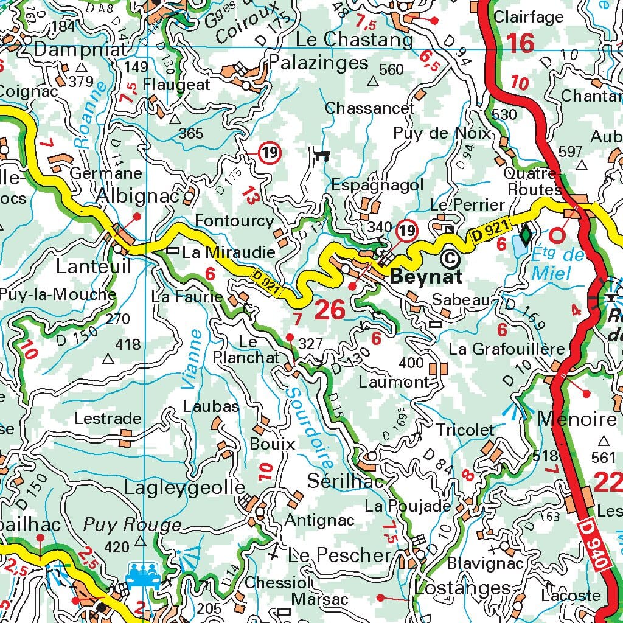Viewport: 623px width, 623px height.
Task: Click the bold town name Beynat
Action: click(426, 277)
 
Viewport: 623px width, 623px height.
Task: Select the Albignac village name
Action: click(137, 197)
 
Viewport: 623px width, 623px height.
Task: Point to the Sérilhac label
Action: click(346, 481)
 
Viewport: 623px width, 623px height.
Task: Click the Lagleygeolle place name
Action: click(184, 487)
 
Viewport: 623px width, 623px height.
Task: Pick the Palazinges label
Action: click(319, 63)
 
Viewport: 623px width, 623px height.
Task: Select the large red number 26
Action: click(330, 310)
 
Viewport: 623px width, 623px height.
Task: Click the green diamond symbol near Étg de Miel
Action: click(526, 234)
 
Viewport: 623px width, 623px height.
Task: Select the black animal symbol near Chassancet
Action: click(321, 155)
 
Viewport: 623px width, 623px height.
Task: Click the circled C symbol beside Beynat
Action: click(450, 259)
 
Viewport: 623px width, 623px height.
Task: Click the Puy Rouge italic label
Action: click(132, 525)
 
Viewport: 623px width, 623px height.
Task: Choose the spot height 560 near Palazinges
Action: click(391, 69)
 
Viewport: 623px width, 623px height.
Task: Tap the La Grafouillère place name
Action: click(507, 349)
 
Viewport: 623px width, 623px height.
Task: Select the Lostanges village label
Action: click(462, 588)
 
